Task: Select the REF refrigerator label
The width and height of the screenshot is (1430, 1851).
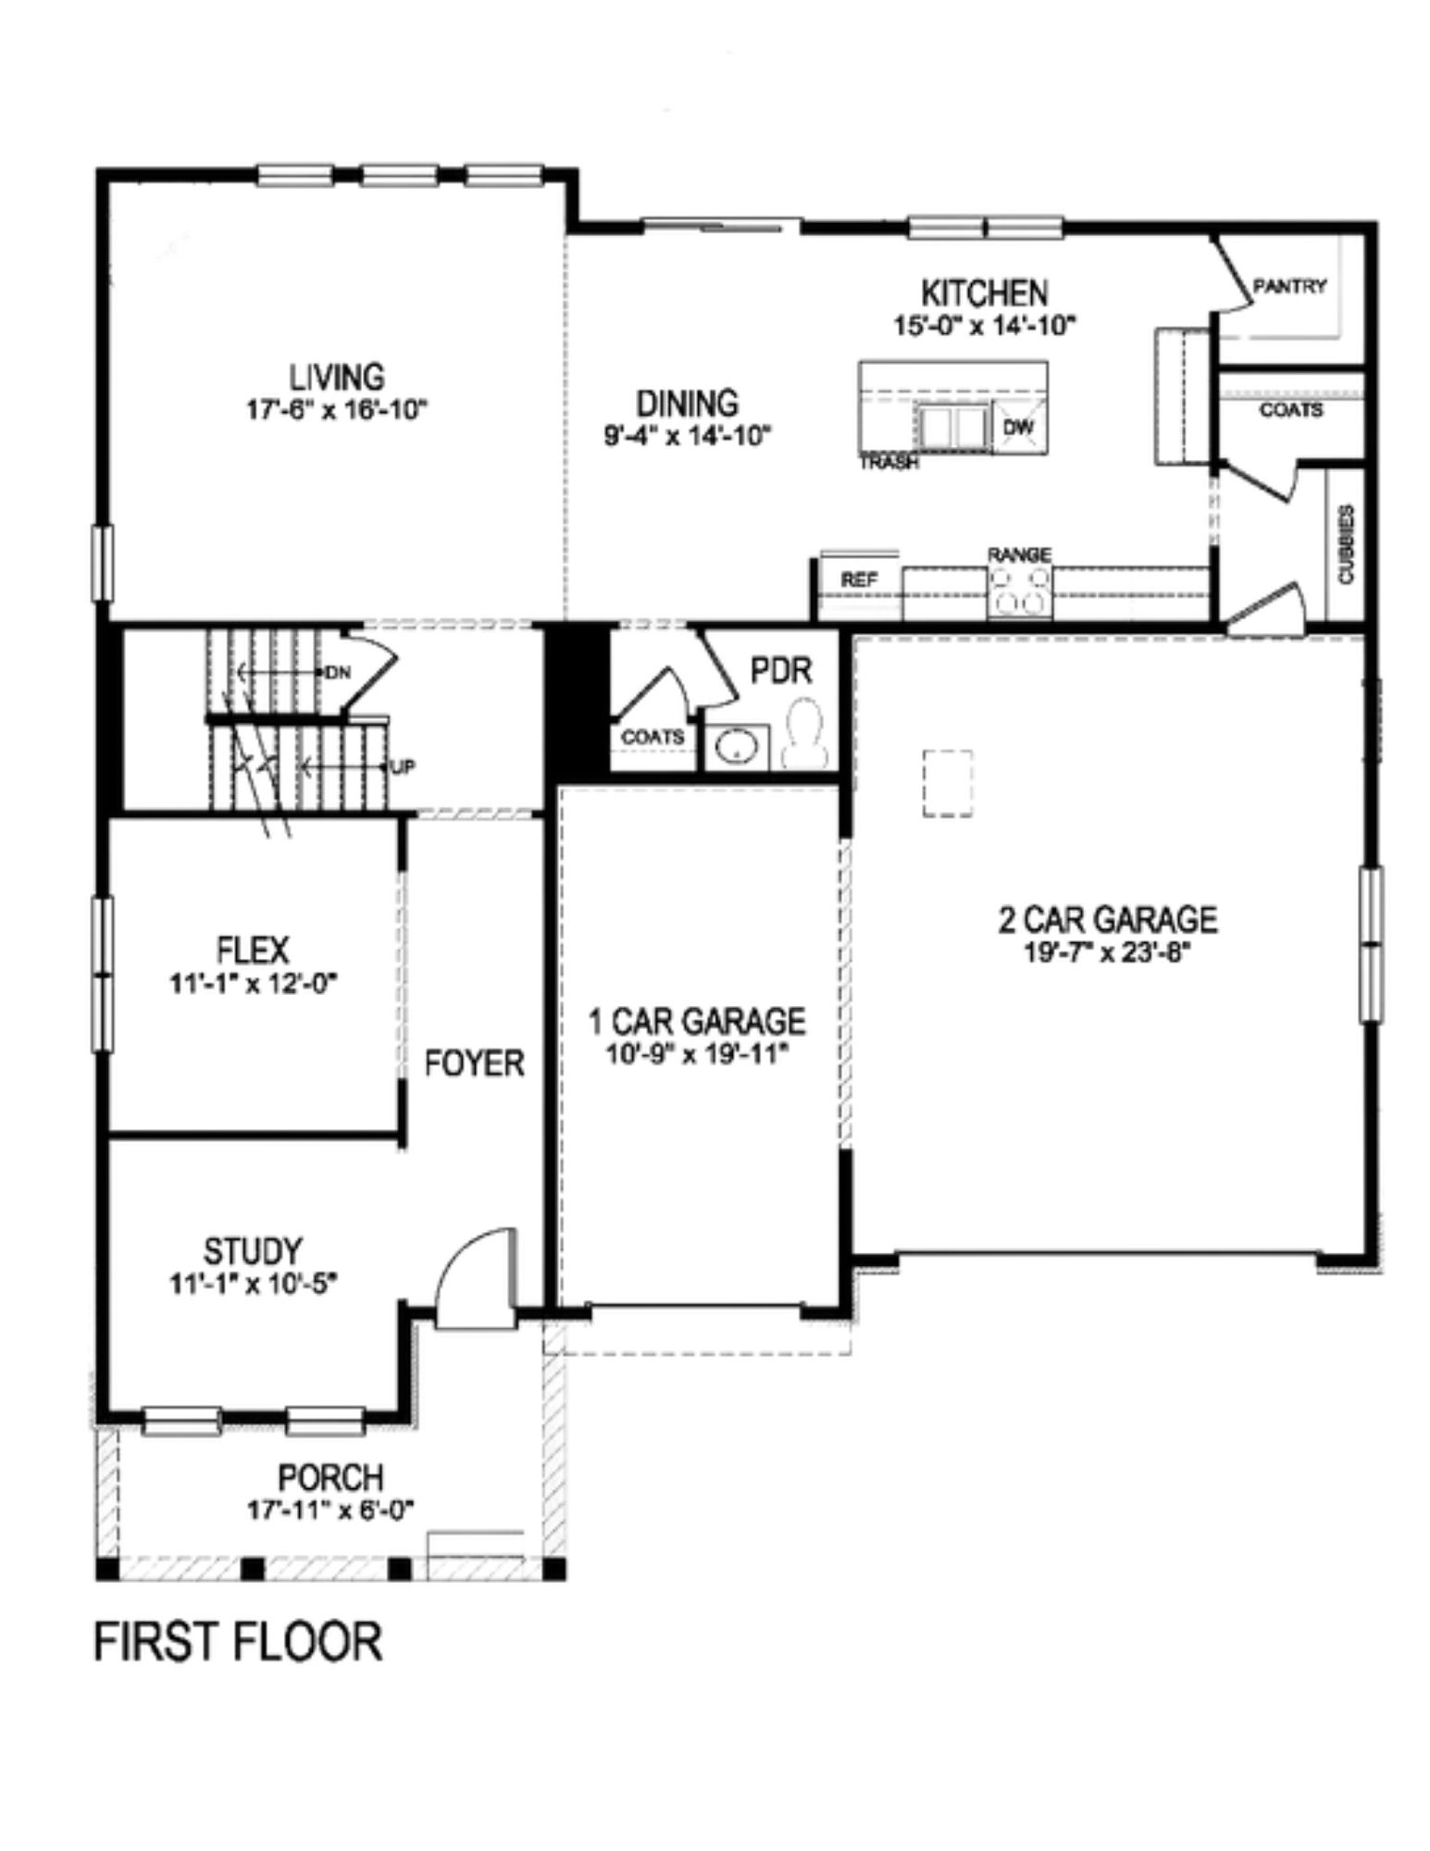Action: [858, 580]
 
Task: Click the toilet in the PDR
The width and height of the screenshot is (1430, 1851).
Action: [802, 733]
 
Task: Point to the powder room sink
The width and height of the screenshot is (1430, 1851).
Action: [737, 746]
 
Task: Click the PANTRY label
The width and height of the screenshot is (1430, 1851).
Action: [1289, 287]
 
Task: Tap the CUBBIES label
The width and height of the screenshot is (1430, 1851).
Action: [1345, 544]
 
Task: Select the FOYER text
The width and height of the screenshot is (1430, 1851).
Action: [474, 1063]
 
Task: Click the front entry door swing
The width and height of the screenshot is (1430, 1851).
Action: [475, 1280]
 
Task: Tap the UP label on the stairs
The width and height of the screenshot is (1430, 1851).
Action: [401, 767]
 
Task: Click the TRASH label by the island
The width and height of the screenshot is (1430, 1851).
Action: [889, 463]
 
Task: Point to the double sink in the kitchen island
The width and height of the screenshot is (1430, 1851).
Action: [951, 428]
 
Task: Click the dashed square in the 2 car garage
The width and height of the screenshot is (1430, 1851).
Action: [947, 783]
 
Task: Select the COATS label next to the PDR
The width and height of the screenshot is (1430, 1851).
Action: [653, 738]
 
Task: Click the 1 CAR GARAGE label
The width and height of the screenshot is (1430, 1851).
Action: [697, 1022]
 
